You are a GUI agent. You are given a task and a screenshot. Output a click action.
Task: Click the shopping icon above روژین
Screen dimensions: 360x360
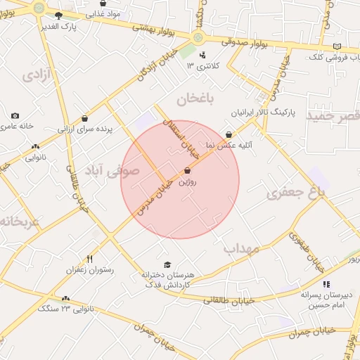click(x=187, y=171)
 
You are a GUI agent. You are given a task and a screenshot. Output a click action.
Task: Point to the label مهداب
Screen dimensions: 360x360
click(x=241, y=248)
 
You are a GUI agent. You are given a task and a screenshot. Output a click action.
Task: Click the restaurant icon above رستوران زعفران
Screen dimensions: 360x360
click(x=89, y=259)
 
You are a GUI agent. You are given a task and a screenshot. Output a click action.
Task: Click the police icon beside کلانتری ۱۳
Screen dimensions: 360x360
click(x=203, y=55)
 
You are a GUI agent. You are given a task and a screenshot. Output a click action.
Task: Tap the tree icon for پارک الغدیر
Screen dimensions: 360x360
click(x=58, y=15)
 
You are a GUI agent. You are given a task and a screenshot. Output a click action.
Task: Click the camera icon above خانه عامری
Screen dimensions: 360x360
click(x=15, y=115)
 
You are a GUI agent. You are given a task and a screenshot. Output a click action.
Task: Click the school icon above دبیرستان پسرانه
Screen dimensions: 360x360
click(x=325, y=284)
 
